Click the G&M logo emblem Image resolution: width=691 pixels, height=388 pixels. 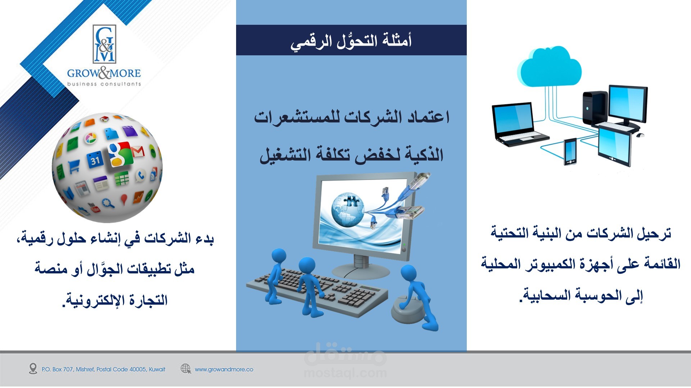pos(104,44)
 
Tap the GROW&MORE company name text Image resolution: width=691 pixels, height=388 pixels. pos(104,73)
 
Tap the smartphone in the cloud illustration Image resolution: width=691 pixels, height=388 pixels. pos(570,152)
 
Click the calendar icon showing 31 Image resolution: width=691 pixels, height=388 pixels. pos(95,160)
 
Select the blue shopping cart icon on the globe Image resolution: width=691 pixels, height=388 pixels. pos(74,167)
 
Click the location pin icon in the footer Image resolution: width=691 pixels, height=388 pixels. pos(33,369)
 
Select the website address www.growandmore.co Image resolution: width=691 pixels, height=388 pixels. pos(224,369)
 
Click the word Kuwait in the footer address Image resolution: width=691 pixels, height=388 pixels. pos(157,369)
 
